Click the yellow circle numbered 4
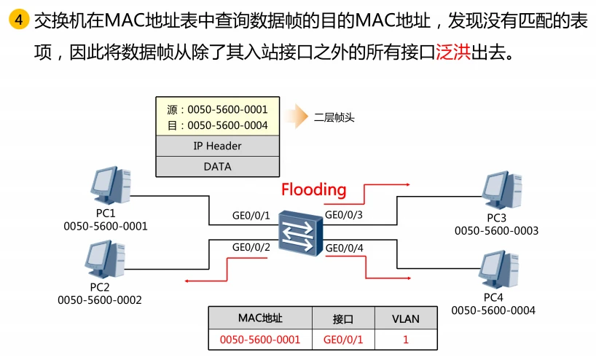coord(17,20)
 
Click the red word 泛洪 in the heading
coord(452,53)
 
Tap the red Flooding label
coord(313,189)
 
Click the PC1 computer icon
coord(107,187)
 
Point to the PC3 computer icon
coord(500,190)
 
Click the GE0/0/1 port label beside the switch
coord(251,216)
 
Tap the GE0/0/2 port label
coord(251,247)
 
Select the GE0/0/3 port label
coord(343,215)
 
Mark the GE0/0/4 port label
coord(344,248)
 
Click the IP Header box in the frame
coord(217,146)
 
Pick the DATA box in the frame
coord(217,166)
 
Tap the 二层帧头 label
coord(334,117)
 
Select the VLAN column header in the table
coord(406,318)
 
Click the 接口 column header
coord(342,318)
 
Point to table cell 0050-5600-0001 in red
coord(260,339)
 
